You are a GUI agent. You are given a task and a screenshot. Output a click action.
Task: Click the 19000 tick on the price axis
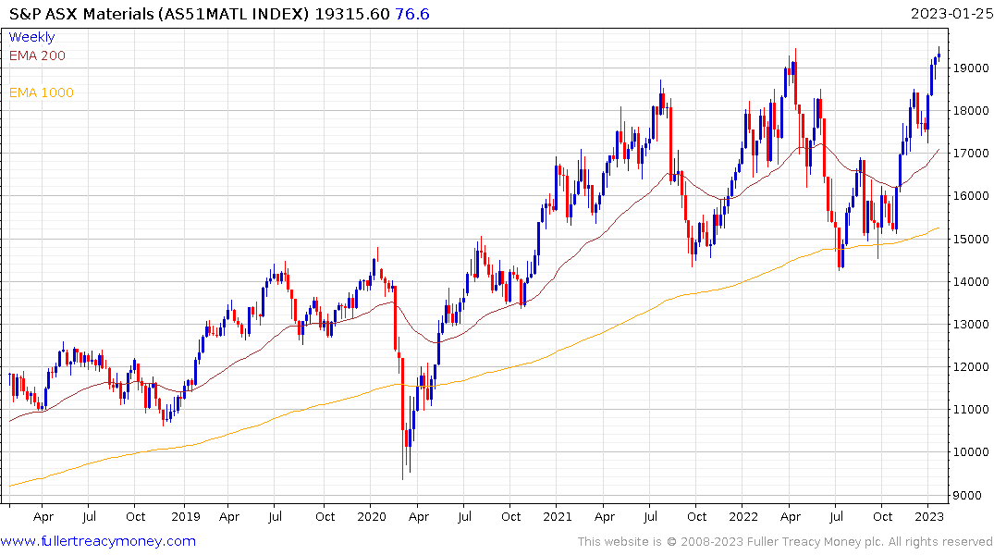tap(967, 68)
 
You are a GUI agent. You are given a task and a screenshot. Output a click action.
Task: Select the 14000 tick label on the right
tap(967, 281)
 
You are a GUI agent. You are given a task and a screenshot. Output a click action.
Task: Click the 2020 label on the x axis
tap(371, 516)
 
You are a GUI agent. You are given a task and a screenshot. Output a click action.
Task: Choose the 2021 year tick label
tap(558, 516)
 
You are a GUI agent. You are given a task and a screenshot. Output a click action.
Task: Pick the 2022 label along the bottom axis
tap(744, 516)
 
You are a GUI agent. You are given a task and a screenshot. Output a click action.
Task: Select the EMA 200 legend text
tap(37, 55)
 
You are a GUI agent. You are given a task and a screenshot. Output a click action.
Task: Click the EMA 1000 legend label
tap(41, 92)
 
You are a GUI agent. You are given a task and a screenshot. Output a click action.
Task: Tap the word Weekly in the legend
tap(31, 37)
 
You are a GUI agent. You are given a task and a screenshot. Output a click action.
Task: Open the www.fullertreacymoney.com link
tap(99, 541)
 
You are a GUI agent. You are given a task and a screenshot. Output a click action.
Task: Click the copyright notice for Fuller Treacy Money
tap(785, 541)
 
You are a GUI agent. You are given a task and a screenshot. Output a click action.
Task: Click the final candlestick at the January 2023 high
tap(939, 55)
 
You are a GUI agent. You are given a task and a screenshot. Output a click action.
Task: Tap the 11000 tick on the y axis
tap(967, 409)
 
